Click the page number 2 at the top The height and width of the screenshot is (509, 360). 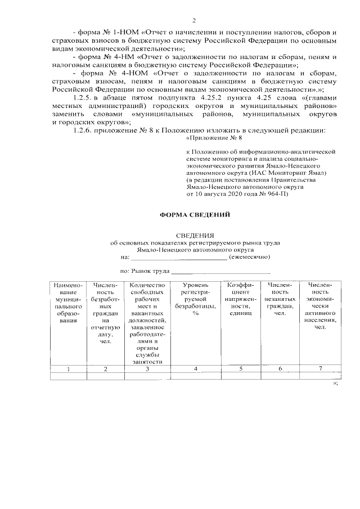[193, 21]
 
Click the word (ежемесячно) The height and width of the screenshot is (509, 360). [250, 256]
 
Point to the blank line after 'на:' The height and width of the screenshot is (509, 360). [179, 258]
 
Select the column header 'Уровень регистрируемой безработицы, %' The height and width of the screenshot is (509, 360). [195, 300]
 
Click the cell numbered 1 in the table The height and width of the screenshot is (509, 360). [68, 370]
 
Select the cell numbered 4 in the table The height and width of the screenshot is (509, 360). [195, 370]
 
